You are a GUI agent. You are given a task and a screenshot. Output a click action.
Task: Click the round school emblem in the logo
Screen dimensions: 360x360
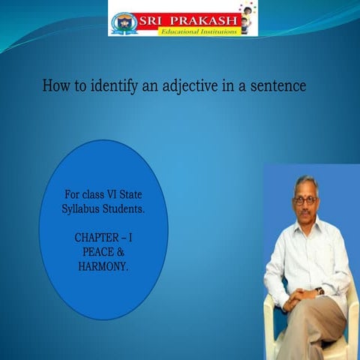[125, 20]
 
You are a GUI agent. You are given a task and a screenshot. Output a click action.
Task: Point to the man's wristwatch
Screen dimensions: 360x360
[319, 291]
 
